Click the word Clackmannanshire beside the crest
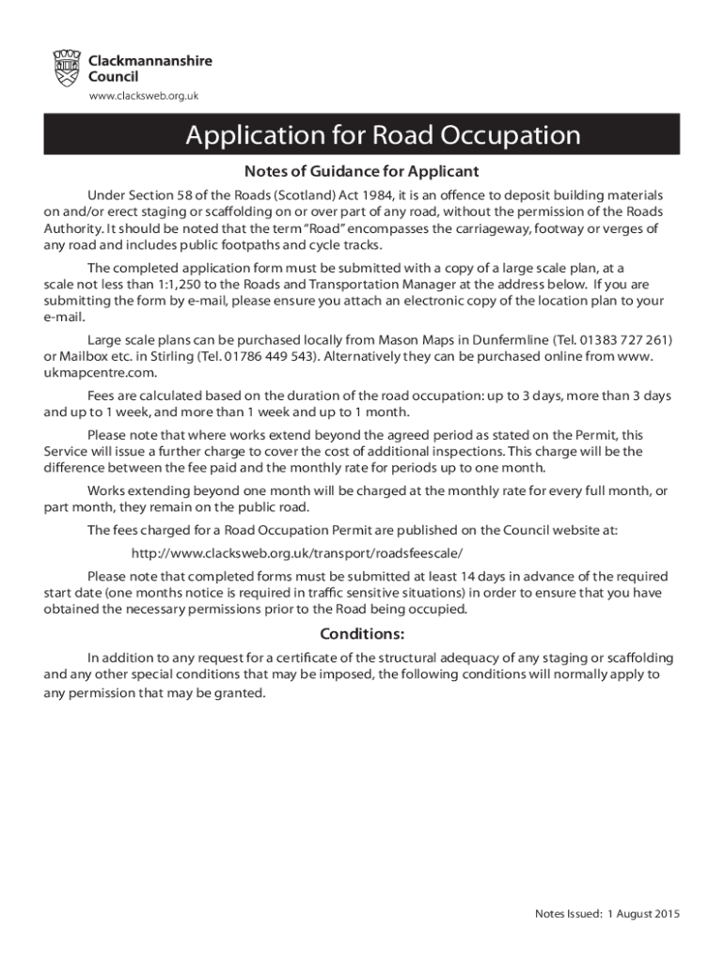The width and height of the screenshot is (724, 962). coord(150,61)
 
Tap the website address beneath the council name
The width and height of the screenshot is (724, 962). coord(143,96)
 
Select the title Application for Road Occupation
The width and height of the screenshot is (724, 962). coord(383,135)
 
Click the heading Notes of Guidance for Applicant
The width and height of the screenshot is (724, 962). coord(362,172)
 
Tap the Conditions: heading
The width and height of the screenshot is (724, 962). coord(362,632)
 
